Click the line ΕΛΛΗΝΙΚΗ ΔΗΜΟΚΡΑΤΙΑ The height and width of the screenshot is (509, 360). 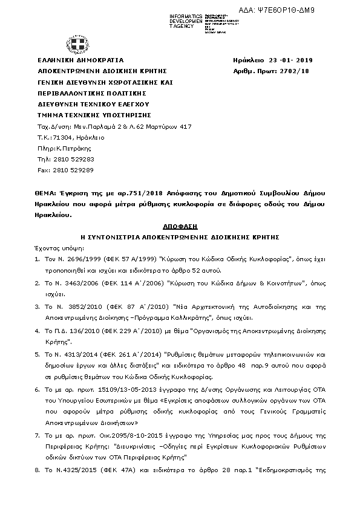pos(80,60)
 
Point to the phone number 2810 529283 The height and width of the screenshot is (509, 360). pos(72,160)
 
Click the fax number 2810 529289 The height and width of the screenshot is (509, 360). pos(72,170)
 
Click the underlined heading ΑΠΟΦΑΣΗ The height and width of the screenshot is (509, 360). pos(180,226)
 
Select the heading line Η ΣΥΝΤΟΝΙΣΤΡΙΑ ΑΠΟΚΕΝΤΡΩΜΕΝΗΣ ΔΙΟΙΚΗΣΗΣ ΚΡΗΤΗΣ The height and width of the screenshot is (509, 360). pos(180,237)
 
